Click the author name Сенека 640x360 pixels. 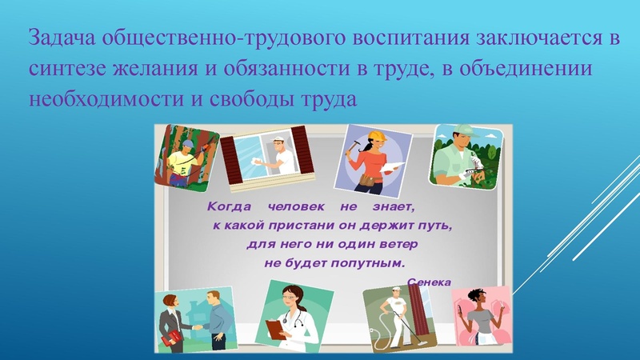428,282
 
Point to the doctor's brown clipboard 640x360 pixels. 274,329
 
